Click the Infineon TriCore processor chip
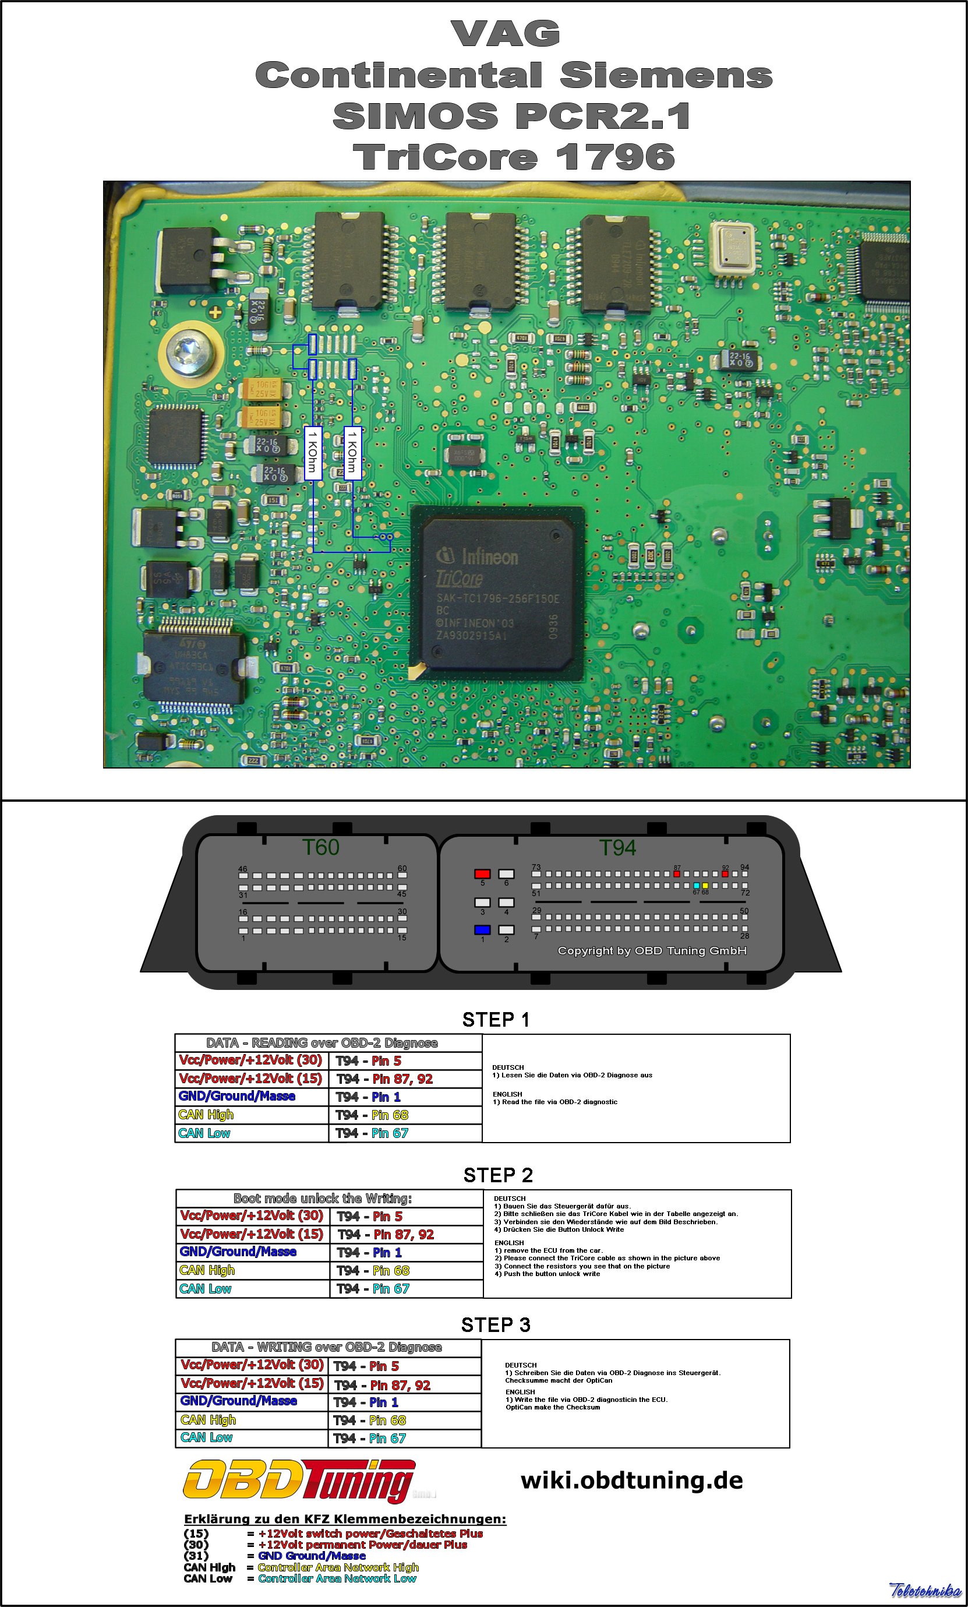(x=498, y=593)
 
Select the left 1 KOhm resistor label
(x=313, y=452)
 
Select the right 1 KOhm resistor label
(x=352, y=452)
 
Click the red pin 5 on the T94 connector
(x=482, y=874)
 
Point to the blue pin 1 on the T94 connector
(x=482, y=930)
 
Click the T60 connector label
(x=320, y=847)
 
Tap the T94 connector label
(x=617, y=848)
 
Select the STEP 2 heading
(x=498, y=1175)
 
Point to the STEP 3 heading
(x=496, y=1324)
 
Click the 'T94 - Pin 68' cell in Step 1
(x=372, y=1115)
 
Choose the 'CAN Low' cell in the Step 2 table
(x=206, y=1289)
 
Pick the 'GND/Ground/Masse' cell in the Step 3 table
(x=239, y=1401)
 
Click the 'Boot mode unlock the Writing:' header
(x=323, y=1199)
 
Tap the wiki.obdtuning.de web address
(x=631, y=1481)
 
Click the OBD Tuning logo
(x=299, y=1482)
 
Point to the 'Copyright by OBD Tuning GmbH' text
(x=652, y=951)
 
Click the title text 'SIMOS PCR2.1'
(x=512, y=116)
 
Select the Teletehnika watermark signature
(x=925, y=1591)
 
